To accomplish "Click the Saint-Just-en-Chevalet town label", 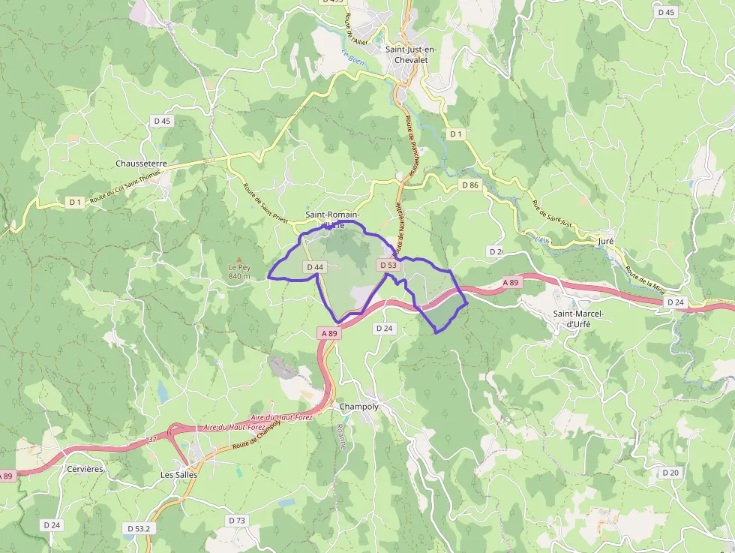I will click(409, 55).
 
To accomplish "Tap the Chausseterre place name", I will click(141, 164).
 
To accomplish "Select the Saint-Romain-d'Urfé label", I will click(332, 220).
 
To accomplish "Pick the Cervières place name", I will click(84, 469).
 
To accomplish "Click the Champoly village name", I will click(359, 407).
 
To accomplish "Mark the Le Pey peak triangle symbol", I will click(239, 257).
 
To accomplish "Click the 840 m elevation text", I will click(239, 276).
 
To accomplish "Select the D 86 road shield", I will click(470, 185).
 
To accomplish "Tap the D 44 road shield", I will click(315, 267).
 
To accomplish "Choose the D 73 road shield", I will click(236, 520).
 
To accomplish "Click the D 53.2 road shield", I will click(139, 529).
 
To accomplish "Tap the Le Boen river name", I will click(352, 56).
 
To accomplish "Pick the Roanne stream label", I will click(342, 434).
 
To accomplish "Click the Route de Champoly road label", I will click(256, 434).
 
